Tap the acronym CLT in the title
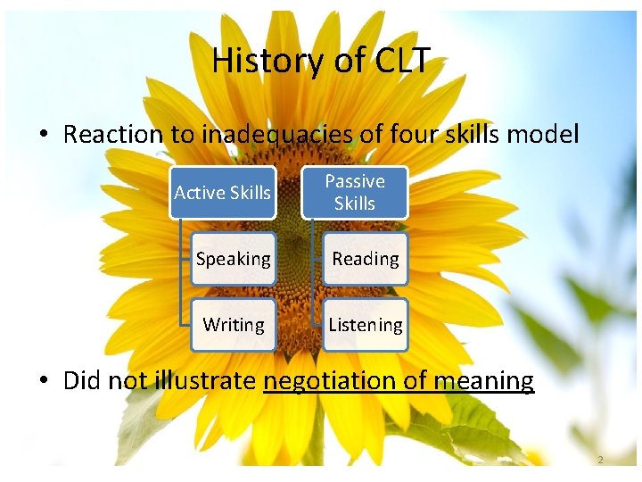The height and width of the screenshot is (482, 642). coord(395,62)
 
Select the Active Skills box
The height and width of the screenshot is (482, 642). coord(223,192)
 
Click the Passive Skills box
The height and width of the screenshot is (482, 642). coord(354,192)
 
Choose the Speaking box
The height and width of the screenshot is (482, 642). coord(233,259)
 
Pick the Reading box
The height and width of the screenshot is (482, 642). coord(365,259)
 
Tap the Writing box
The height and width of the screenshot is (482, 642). coord(233,325)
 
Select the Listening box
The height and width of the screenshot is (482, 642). coord(365,325)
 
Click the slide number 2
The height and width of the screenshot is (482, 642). coord(600,460)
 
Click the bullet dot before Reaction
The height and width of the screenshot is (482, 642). coord(43,136)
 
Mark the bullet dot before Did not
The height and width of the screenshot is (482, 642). coord(43,382)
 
